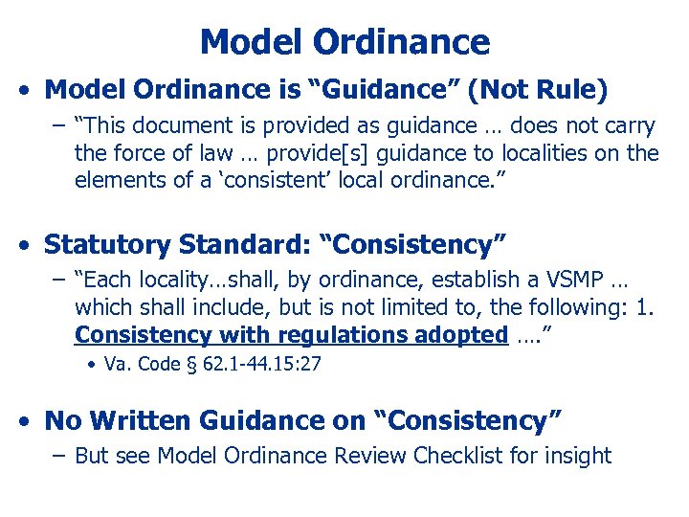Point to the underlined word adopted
coord(461,335)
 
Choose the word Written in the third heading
coord(140,420)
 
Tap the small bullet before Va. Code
coord(89,365)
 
